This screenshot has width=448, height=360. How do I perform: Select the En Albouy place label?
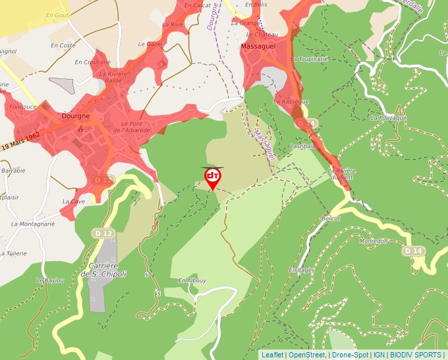tap(192, 280)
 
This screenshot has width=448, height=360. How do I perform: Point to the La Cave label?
tap(74, 201)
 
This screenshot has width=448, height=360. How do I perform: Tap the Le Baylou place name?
tap(49, 280)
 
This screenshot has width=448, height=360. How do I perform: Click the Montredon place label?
tap(374, 241)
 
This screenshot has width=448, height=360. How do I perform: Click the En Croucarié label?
tap(92, 62)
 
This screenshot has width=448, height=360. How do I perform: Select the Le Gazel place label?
tap(150, 43)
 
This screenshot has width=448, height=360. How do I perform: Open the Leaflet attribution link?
tap(272, 355)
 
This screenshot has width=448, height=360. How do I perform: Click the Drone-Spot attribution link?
tap(350, 355)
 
